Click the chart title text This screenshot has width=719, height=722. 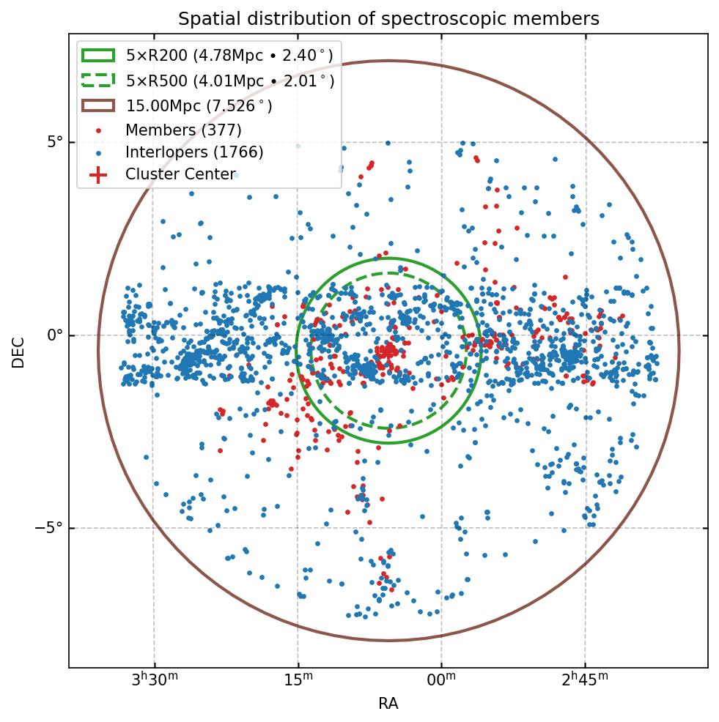pyautogui.click(x=388, y=19)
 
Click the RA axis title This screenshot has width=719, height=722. pyautogui.click(x=388, y=704)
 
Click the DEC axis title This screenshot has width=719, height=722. pyautogui.click(x=18, y=352)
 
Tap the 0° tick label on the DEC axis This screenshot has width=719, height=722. pyautogui.click(x=54, y=335)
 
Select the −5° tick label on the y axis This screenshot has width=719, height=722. pyautogui.click(x=49, y=528)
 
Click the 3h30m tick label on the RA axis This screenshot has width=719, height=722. pyautogui.click(x=155, y=680)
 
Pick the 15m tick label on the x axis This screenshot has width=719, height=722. pyautogui.click(x=298, y=680)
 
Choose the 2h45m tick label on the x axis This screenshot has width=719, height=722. pyautogui.click(x=585, y=680)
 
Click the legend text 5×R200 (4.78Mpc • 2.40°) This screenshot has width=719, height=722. pyautogui.click(x=229, y=56)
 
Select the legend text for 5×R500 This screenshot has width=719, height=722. pyautogui.click(x=229, y=81)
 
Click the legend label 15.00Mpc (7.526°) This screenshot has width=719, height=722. pyautogui.click(x=199, y=106)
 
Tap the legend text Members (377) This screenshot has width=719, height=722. pyautogui.click(x=183, y=130)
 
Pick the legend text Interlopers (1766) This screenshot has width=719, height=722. pyautogui.click(x=194, y=152)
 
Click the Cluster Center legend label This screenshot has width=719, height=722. pyautogui.click(x=180, y=174)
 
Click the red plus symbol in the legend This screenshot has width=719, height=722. pyautogui.click(x=98, y=174)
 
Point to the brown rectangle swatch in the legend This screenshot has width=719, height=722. pyautogui.click(x=98, y=105)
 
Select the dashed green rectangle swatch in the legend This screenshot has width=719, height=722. pyautogui.click(x=98, y=81)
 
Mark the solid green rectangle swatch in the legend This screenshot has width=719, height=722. pyautogui.click(x=98, y=56)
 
